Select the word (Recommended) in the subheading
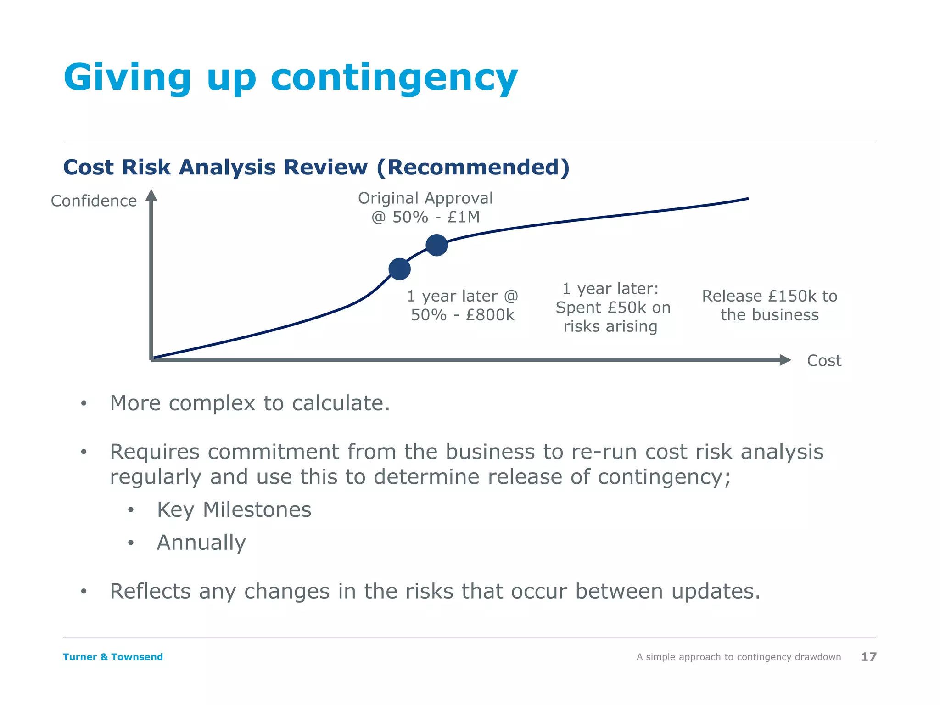pyautogui.click(x=473, y=167)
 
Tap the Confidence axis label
pyautogui.click(x=94, y=201)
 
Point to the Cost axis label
pyautogui.click(x=824, y=361)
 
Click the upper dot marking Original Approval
pyautogui.click(x=436, y=245)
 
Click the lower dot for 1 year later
pyautogui.click(x=399, y=269)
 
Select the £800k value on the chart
pyautogui.click(x=490, y=315)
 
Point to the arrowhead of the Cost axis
pyautogui.click(x=785, y=360)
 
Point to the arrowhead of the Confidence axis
pyautogui.click(x=151, y=196)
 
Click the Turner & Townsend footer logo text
pyautogui.click(x=113, y=657)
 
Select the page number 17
pyautogui.click(x=868, y=657)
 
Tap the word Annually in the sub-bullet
pyautogui.click(x=201, y=543)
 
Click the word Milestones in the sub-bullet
pyautogui.click(x=257, y=510)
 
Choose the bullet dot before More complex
pyautogui.click(x=84, y=403)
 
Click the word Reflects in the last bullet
pyautogui.click(x=150, y=591)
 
